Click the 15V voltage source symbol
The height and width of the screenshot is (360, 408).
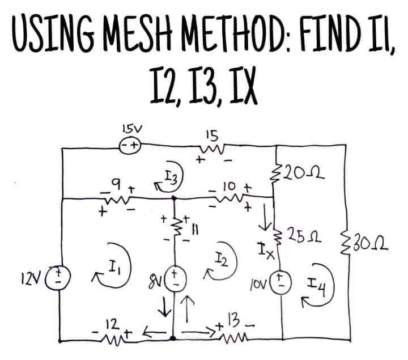[130, 146]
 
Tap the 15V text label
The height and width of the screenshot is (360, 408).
[131, 129]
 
